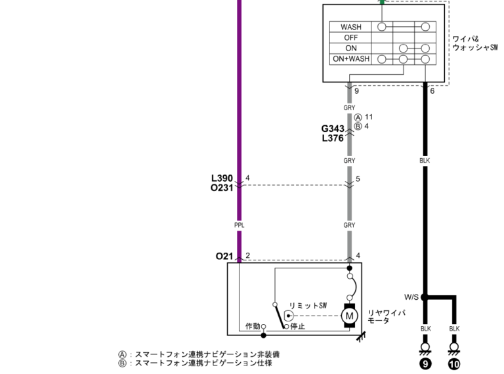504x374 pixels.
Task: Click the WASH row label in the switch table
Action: point(350,27)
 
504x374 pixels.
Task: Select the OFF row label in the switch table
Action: point(350,37)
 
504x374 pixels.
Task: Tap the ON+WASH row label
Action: point(350,58)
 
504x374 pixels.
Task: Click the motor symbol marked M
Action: point(349,316)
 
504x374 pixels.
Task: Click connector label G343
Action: point(333,129)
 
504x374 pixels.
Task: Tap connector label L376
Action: point(333,138)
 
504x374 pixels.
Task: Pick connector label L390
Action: point(222,178)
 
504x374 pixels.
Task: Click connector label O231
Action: point(222,188)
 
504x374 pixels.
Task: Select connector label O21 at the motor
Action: point(224,256)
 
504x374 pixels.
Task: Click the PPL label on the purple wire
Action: point(239,225)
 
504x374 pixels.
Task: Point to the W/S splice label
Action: point(411,297)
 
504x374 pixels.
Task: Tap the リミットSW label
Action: point(308,306)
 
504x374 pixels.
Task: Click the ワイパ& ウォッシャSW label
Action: point(474,43)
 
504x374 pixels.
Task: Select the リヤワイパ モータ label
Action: point(386,316)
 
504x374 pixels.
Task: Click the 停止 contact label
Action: point(298,326)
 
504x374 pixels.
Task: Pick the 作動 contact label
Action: point(253,326)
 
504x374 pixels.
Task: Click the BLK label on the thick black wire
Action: point(425,159)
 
